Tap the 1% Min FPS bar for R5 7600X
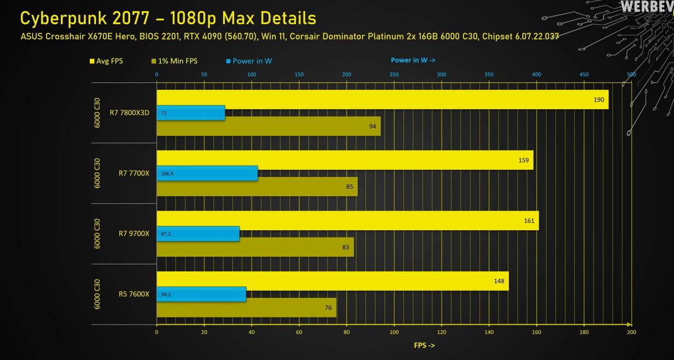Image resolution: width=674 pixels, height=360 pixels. coord(246,307)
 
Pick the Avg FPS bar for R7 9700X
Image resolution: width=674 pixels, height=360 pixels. coord(347,221)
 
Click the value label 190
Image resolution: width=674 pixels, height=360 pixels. coord(599,100)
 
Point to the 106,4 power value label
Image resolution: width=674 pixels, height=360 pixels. coord(167,174)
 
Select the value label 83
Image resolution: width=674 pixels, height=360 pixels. coord(345,247)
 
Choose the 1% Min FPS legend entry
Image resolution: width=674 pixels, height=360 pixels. coord(175,61)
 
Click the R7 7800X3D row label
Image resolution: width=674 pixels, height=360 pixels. coord(129,113)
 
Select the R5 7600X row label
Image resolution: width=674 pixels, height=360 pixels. coord(133,294)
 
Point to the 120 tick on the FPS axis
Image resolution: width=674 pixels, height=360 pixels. coord(441,332)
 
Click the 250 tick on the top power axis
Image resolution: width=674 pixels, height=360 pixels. coord(394,74)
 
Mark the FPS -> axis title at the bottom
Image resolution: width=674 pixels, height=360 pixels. coord(424,345)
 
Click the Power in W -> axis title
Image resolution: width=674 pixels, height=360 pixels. coord(412,60)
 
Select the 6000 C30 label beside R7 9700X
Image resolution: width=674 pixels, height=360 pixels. coord(97,234)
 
